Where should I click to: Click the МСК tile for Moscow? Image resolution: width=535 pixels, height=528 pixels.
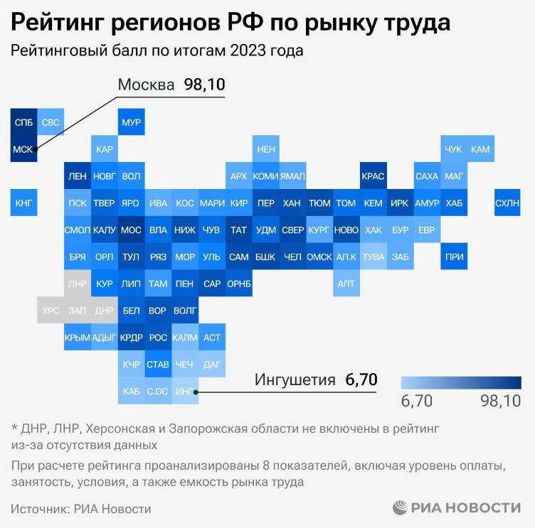tap(23, 149)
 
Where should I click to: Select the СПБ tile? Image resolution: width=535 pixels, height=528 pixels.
tap(23, 122)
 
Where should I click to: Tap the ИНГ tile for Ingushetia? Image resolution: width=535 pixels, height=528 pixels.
tap(184, 391)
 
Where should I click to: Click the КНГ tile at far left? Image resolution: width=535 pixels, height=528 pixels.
tap(23, 203)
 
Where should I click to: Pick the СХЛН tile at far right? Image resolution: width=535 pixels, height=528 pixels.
tap(507, 203)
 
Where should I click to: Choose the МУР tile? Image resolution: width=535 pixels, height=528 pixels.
tap(131, 122)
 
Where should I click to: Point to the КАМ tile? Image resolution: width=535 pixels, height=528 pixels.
tap(480, 149)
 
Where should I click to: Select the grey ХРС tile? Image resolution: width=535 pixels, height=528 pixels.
tap(51, 311)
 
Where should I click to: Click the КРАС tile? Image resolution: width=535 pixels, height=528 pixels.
tap(373, 176)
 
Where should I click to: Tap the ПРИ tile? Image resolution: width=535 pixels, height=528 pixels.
tap(453, 257)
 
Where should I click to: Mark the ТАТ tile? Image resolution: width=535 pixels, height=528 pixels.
tap(238, 230)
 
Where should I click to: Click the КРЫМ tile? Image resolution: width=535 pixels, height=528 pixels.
tap(77, 338)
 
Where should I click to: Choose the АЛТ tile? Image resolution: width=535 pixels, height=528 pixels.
tap(346, 284)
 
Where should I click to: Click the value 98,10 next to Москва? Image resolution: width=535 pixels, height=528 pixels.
tap(204, 85)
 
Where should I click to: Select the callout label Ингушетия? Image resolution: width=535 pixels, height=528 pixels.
tap(295, 379)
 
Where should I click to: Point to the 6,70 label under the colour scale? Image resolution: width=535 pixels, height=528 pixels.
tap(417, 402)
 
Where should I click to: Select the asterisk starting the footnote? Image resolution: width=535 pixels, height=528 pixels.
tap(14, 429)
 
